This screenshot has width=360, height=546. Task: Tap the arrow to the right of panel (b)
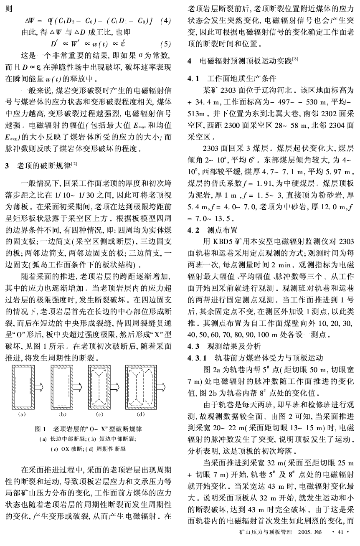(77, 387)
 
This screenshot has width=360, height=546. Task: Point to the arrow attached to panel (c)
(115, 387)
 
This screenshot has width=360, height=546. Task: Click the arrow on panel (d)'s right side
(162, 387)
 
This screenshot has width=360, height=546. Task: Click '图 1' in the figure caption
(40, 429)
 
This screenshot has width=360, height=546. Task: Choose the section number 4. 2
(195, 229)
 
